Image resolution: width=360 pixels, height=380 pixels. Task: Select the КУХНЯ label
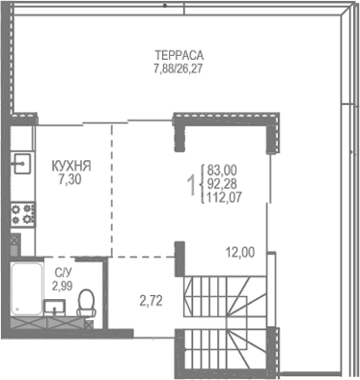[71, 166]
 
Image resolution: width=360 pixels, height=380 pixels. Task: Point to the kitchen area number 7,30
[71, 179]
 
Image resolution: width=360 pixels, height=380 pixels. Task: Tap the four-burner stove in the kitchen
[21, 212]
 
